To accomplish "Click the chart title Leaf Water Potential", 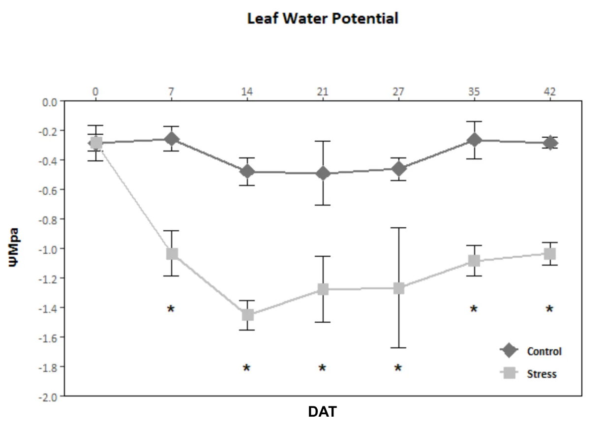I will pos(322,19).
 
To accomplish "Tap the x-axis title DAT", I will pos(323,411).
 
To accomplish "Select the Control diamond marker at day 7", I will pos(172,139).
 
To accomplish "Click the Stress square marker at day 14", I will pos(247,314).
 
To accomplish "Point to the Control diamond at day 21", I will pos(323,173).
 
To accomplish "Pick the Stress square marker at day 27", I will pos(398,288).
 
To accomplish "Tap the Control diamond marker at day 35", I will pos(474,140).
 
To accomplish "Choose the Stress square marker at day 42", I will pos(550,254).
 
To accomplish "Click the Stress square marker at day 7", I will pos(172,254).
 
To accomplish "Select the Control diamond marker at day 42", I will pos(550,143).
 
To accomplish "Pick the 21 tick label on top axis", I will pos(323,91).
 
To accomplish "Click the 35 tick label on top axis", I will pos(474,91).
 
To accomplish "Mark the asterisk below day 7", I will pos(171,309).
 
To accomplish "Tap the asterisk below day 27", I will pos(398,368).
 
